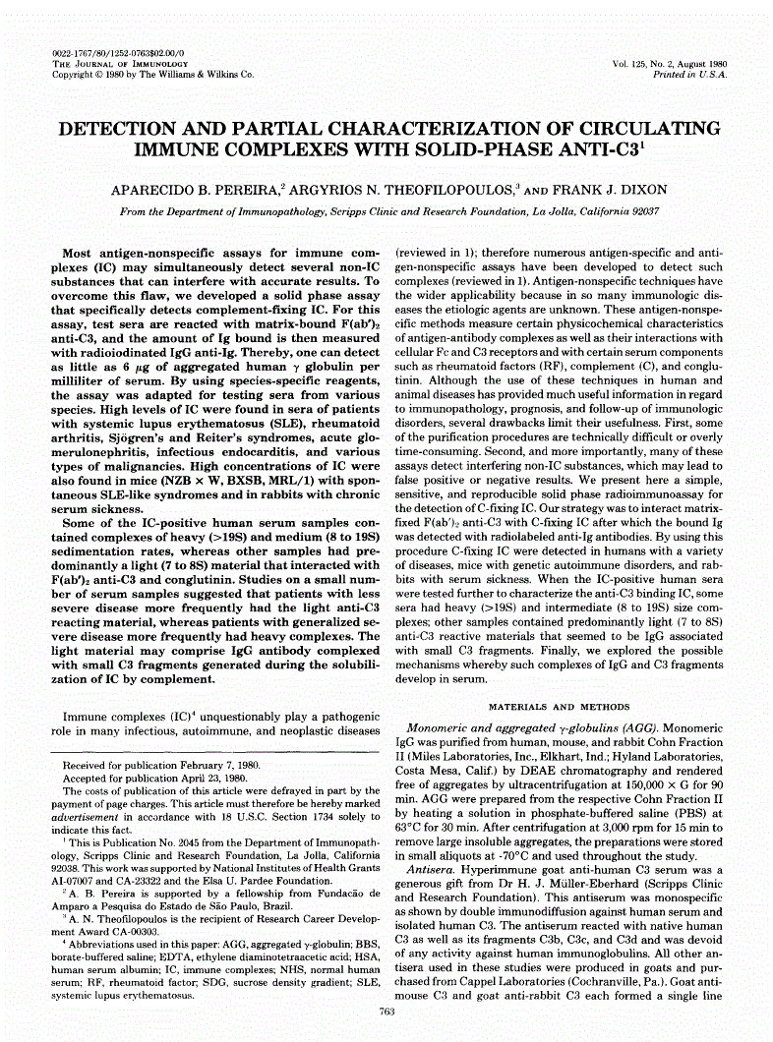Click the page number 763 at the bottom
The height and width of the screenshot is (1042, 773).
pos(386,1013)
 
